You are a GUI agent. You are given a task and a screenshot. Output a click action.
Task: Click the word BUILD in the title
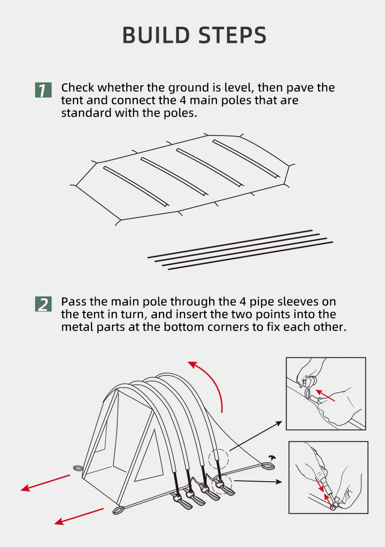coord(154,36)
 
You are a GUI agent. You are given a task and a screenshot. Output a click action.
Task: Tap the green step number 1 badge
coord(43,90)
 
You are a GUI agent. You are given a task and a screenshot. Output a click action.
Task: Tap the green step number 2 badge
coord(43,304)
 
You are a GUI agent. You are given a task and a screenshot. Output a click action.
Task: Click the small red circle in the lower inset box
coord(334,506)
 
